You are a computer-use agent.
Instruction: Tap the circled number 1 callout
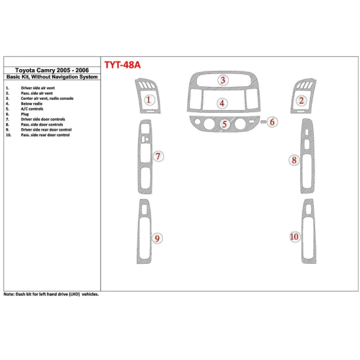[148, 100]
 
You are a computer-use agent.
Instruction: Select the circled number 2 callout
[301, 100]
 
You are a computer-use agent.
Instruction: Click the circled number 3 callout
[223, 80]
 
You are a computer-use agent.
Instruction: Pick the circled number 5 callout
[225, 124]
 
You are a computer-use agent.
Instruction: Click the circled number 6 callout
[272, 122]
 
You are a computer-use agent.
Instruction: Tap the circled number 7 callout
[158, 157]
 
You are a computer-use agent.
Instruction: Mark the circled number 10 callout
[295, 237]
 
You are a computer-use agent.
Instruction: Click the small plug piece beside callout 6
[262, 122]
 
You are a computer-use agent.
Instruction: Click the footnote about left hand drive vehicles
[51, 294]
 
